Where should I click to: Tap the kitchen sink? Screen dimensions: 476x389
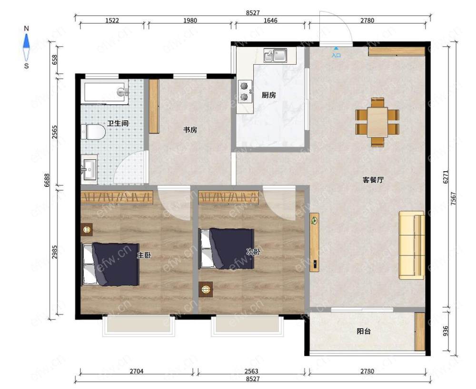tap(275, 55)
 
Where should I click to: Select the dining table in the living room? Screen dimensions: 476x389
tap(377, 122)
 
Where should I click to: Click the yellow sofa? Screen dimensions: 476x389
tap(412, 245)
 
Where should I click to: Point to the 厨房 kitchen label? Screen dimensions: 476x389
tap(268, 95)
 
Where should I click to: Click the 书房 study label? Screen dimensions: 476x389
tap(190, 130)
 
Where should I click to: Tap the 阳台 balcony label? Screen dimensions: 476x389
tap(363, 331)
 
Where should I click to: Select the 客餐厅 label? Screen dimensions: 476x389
tap(373, 180)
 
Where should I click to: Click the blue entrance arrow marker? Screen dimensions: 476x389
tap(336, 48)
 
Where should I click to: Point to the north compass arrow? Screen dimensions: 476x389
tap(27, 41)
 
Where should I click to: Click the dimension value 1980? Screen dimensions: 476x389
tap(190, 20)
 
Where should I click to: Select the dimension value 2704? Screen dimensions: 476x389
tap(136, 371)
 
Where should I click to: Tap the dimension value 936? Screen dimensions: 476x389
tap(446, 331)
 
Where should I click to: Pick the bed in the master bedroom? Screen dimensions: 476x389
tap(110, 264)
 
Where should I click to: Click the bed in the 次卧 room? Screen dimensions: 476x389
tap(227, 249)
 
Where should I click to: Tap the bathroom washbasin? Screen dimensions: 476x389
tap(89, 169)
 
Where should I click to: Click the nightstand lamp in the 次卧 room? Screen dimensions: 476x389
tap(206, 289)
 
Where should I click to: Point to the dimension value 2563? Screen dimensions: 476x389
tap(251, 371)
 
